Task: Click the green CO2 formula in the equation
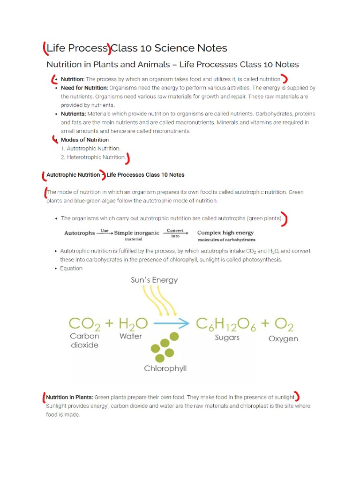point(84,323)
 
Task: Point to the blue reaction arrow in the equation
point(172,323)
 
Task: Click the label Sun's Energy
point(154,280)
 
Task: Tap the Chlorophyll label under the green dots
point(165,368)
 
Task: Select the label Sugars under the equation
point(227,337)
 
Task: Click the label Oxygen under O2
point(283,338)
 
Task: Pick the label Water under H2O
point(131,336)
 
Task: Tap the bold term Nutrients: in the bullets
point(73,114)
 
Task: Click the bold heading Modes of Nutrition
point(85,140)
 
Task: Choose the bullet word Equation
point(71,269)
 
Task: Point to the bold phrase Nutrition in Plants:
point(69,397)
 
